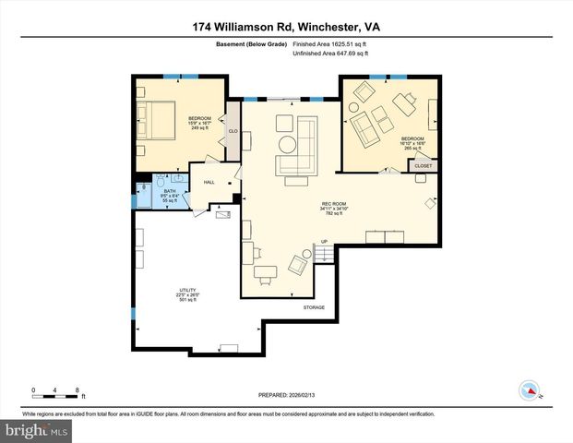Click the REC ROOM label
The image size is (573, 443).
coord(332,205)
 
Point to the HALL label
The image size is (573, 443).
coord(209,182)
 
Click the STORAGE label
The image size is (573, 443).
coord(314,307)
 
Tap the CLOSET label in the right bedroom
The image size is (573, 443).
coord(423,165)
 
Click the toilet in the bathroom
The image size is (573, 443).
coord(160,181)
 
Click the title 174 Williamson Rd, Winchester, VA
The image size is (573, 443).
coord(286,26)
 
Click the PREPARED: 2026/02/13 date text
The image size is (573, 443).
coord(285,394)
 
